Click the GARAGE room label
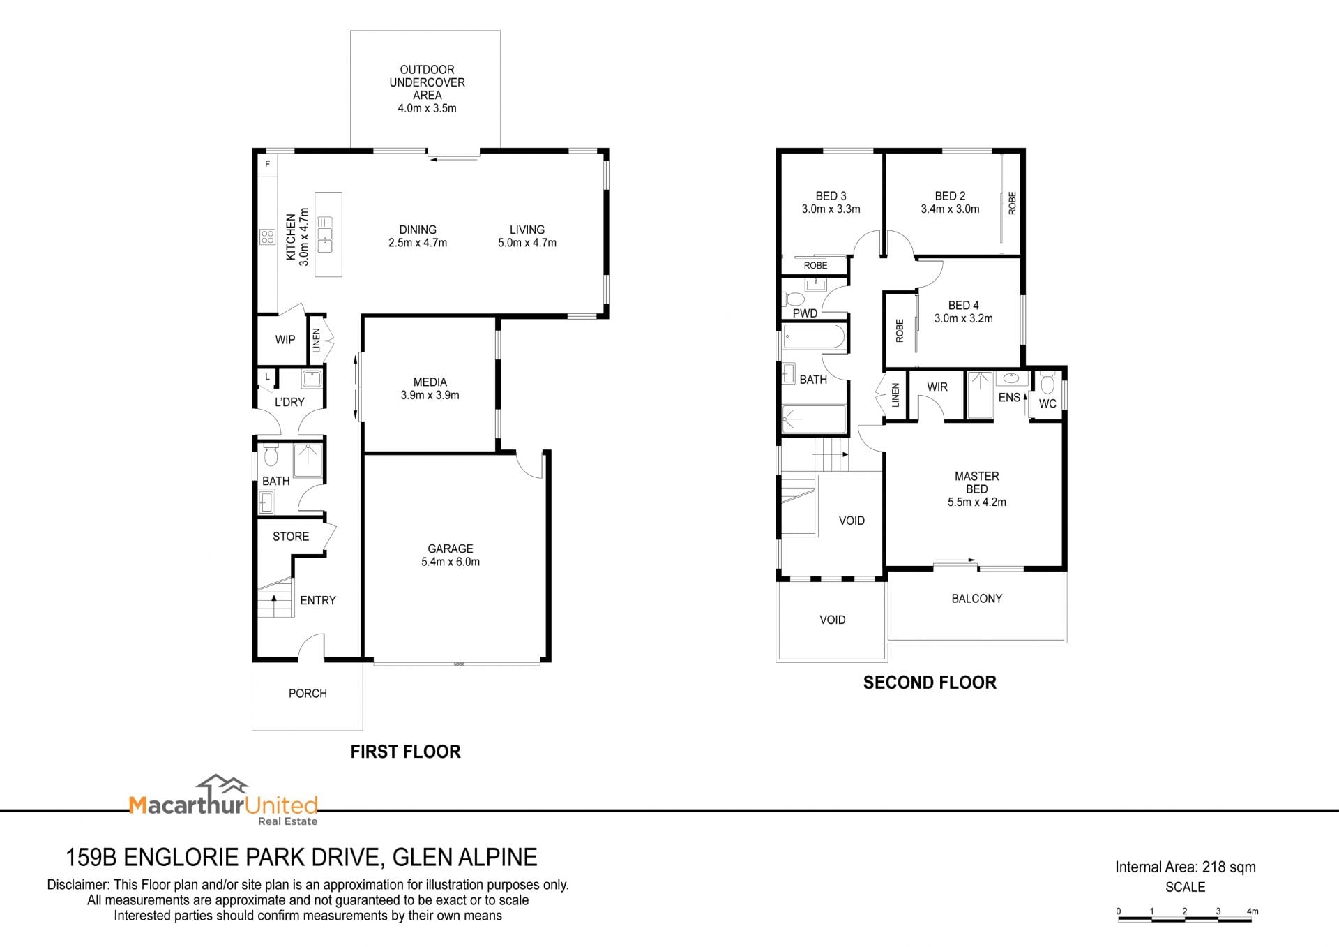pyautogui.click(x=451, y=549)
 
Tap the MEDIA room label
pyautogui.click(x=430, y=382)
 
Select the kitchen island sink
pyautogui.click(x=326, y=234)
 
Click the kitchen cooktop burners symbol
pyautogui.click(x=268, y=237)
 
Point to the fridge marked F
pyautogui.click(x=268, y=165)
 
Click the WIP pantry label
pyautogui.click(x=285, y=340)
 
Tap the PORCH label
pyautogui.click(x=308, y=693)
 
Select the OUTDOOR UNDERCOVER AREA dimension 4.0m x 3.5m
pyautogui.click(x=427, y=108)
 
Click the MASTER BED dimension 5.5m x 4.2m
pyautogui.click(x=976, y=502)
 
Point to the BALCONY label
pyautogui.click(x=976, y=598)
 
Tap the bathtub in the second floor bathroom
pyautogui.click(x=814, y=338)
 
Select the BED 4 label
pyautogui.click(x=963, y=305)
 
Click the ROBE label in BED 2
pyautogui.click(x=1013, y=203)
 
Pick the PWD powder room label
pyautogui.click(x=805, y=313)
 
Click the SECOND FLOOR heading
pyautogui.click(x=930, y=683)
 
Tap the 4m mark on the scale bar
pyautogui.click(x=1253, y=911)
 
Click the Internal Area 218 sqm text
pyautogui.click(x=1185, y=867)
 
